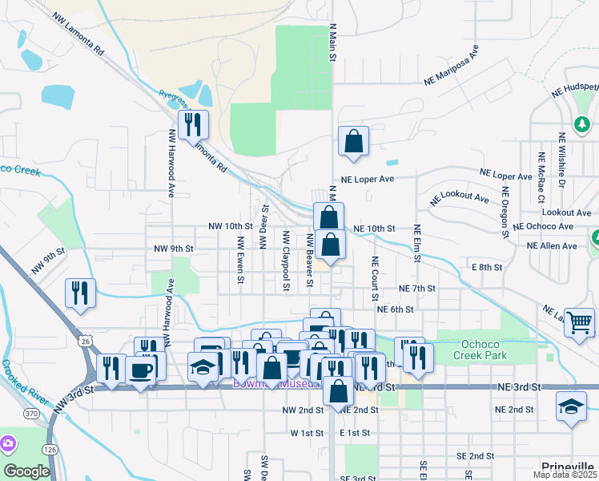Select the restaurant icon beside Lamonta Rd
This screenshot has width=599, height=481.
click(x=193, y=124)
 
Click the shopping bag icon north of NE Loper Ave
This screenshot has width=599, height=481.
click(x=352, y=142)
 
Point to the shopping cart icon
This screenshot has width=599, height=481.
click(x=579, y=321)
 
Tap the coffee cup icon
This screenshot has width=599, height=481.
click(x=142, y=371)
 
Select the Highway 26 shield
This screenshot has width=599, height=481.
click(x=85, y=342)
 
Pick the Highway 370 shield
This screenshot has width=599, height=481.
click(x=31, y=413)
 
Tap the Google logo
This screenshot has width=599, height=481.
click(x=26, y=471)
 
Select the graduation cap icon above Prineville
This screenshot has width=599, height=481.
click(x=572, y=406)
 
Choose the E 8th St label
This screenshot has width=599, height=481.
click(x=487, y=266)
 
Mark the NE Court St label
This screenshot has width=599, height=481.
click(x=374, y=278)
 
